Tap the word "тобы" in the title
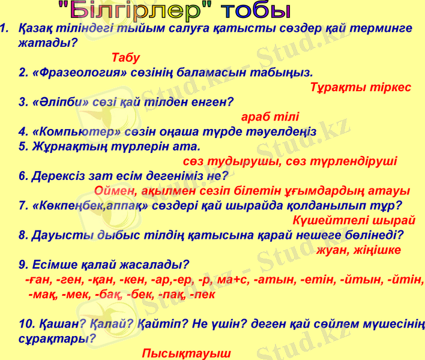tap(256, 10)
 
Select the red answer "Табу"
tap(125, 58)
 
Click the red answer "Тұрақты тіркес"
tap(361, 88)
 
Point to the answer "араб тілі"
tap(270, 117)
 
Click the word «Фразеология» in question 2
tap(74, 73)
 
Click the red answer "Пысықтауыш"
tap(186, 353)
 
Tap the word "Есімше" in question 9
tap(53, 265)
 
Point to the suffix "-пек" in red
tap(202, 295)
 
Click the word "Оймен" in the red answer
tap(116, 191)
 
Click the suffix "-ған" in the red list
tap(38, 280)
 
